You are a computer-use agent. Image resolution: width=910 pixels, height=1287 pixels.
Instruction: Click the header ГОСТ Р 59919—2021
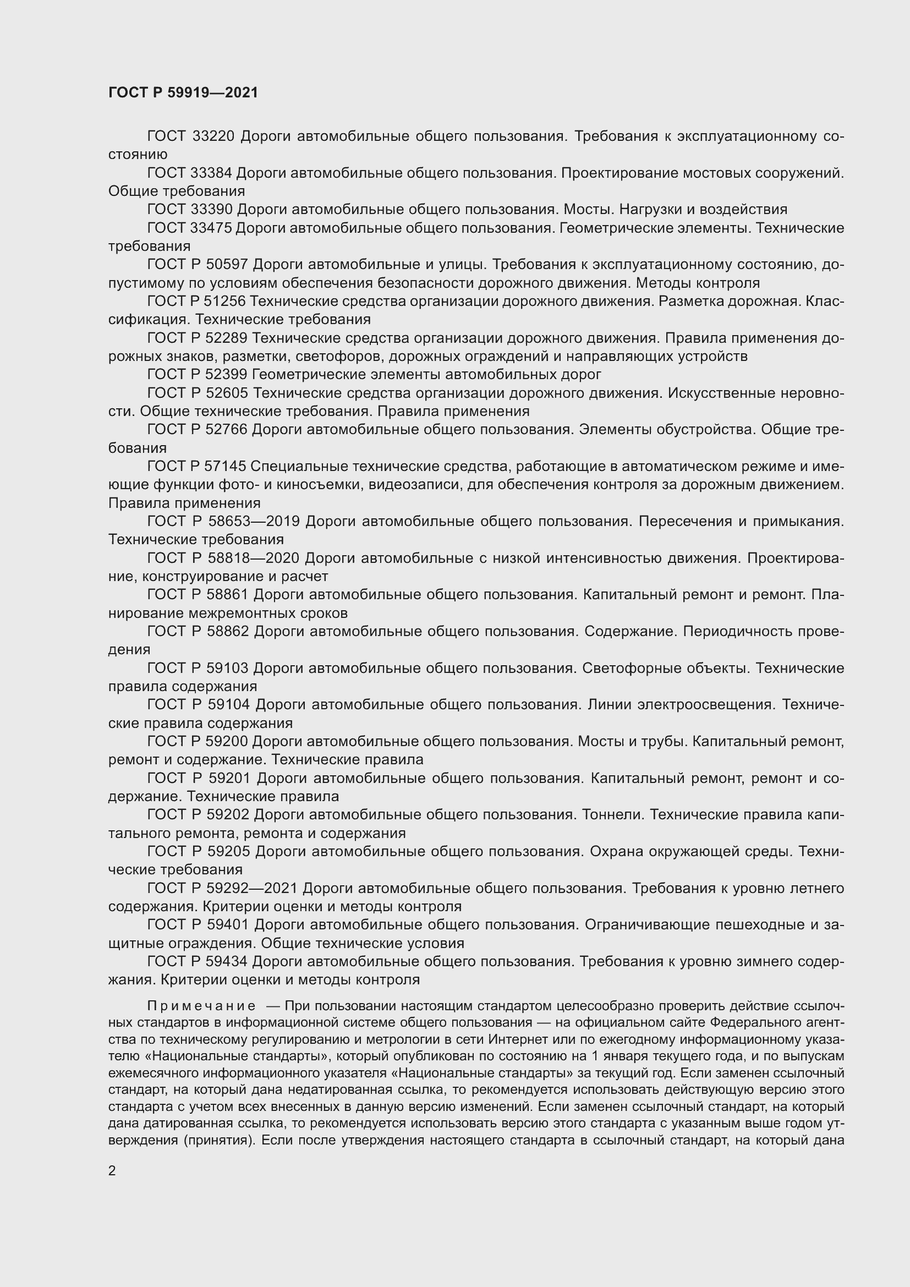tap(183, 92)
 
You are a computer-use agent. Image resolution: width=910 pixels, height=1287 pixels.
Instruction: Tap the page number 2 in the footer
tap(112, 1171)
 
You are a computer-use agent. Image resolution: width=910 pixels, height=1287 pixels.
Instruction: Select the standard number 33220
tap(213, 136)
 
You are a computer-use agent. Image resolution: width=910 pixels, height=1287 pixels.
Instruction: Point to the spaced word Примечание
tap(202, 1006)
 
